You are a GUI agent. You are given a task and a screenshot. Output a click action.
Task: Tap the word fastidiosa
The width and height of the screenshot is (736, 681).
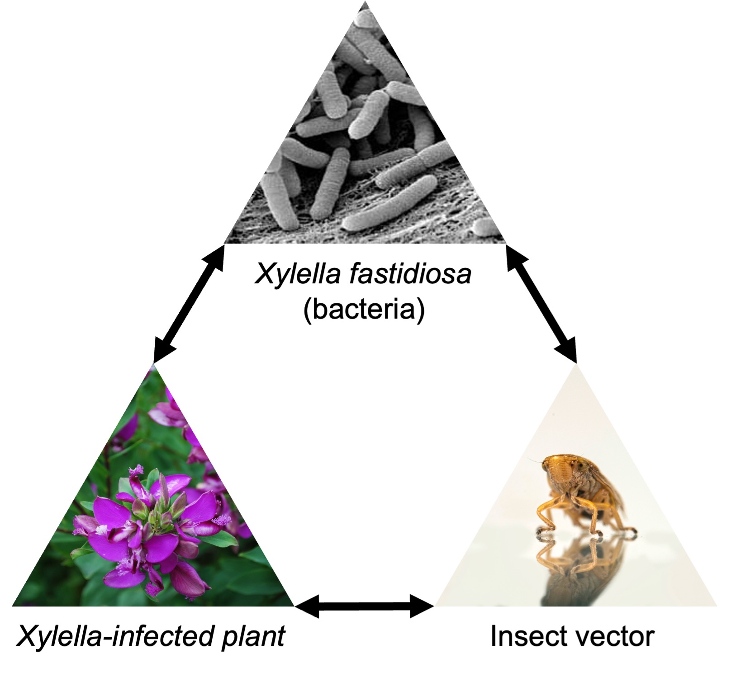pyautogui.click(x=410, y=274)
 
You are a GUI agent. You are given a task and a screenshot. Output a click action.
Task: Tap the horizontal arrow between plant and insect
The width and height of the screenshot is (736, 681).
pyautogui.click(x=364, y=606)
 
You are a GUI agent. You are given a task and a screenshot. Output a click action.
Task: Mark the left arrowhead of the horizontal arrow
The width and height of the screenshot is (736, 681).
pyautogui.click(x=308, y=606)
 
